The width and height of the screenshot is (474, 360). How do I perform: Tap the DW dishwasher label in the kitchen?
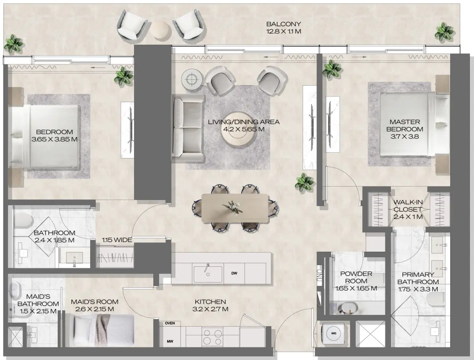[234, 273]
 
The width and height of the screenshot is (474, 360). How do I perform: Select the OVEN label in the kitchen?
[170, 323]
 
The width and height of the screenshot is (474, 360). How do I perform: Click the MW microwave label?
[170, 341]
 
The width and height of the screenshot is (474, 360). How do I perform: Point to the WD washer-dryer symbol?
[334, 334]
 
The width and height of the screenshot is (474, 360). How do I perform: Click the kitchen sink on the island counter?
[208, 273]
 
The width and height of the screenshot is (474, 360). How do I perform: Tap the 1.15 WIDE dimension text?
[117, 240]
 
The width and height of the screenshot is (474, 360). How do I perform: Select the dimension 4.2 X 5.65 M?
[244, 129]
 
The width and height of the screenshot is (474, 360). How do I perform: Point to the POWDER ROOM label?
[356, 278]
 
